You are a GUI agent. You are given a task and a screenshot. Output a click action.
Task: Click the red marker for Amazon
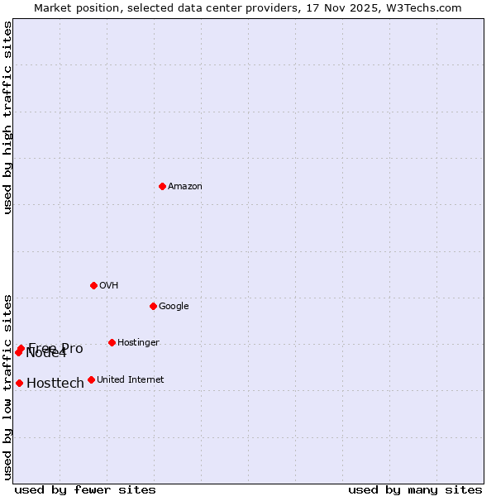[162, 186]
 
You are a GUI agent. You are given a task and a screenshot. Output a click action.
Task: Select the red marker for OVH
[93, 285]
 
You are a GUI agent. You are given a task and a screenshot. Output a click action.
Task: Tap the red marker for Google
[153, 306]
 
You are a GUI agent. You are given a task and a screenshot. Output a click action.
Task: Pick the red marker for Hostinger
[112, 342]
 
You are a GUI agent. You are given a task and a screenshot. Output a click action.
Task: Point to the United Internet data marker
[91, 379]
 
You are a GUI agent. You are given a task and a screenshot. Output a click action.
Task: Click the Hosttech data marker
[19, 383]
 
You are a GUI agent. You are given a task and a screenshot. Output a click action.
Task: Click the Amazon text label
[185, 187]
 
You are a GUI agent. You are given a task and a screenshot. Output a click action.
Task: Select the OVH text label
[108, 286]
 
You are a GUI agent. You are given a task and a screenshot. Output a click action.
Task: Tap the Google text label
[174, 307]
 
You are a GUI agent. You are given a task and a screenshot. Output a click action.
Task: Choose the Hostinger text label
[138, 343]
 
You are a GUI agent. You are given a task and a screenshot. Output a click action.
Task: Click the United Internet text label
[130, 380]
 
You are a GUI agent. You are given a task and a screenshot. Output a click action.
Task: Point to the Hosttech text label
[55, 384]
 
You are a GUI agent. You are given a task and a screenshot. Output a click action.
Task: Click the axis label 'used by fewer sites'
[85, 489]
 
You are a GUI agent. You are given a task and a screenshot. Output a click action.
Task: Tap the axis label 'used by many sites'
[415, 489]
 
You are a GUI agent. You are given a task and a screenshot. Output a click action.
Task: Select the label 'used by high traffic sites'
[7, 117]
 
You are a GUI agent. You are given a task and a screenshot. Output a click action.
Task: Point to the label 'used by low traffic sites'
[7, 386]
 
